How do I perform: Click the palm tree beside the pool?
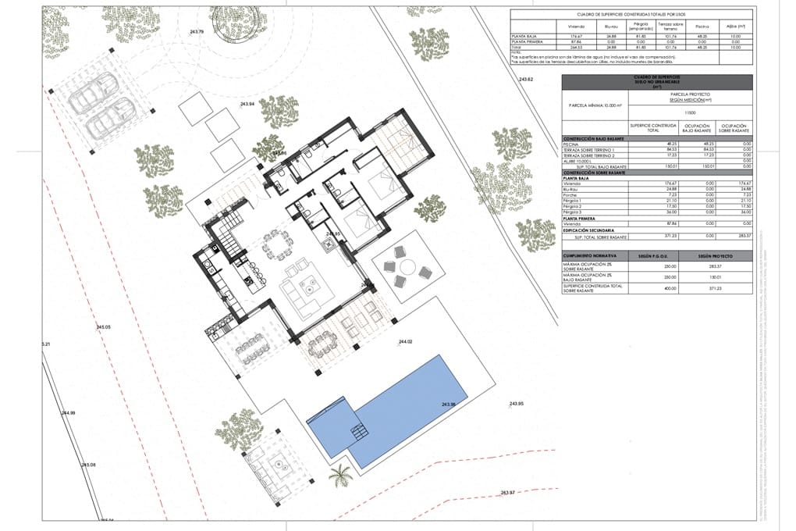(341, 475)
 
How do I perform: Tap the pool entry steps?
(359, 430)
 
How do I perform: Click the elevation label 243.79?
(196, 32)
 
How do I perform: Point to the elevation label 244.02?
(405, 342)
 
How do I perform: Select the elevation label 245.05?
(104, 326)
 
